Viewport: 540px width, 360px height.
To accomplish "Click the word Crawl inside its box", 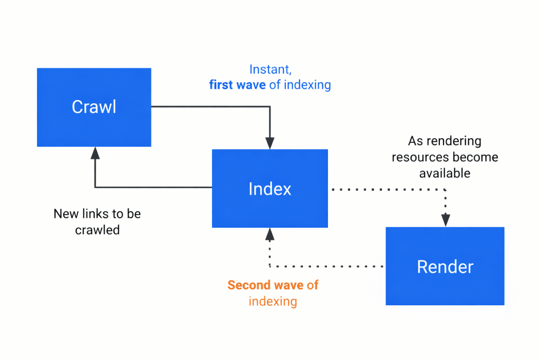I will point(94,107).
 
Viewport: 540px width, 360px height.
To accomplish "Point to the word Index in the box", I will point(269,189).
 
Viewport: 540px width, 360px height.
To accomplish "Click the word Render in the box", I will point(445,267).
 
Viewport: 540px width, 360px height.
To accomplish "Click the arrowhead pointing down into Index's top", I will point(269,143).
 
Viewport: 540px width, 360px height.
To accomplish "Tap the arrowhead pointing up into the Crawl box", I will point(95,153).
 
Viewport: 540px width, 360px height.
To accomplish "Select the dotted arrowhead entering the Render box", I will point(446,220).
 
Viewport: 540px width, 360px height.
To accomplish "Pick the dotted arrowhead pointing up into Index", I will point(269,234).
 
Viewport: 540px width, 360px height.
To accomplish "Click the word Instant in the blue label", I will point(269,70).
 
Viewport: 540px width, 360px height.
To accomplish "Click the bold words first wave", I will point(237,85).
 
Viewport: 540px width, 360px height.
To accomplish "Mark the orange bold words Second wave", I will point(265,286).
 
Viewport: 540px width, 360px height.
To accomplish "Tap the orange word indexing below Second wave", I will point(273,301).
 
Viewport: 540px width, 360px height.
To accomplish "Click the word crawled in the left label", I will point(97,230).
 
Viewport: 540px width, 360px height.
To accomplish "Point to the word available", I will point(445,173).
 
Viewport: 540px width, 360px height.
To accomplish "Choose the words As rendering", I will point(445,141).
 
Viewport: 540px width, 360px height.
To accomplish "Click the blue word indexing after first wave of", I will point(307,85).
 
